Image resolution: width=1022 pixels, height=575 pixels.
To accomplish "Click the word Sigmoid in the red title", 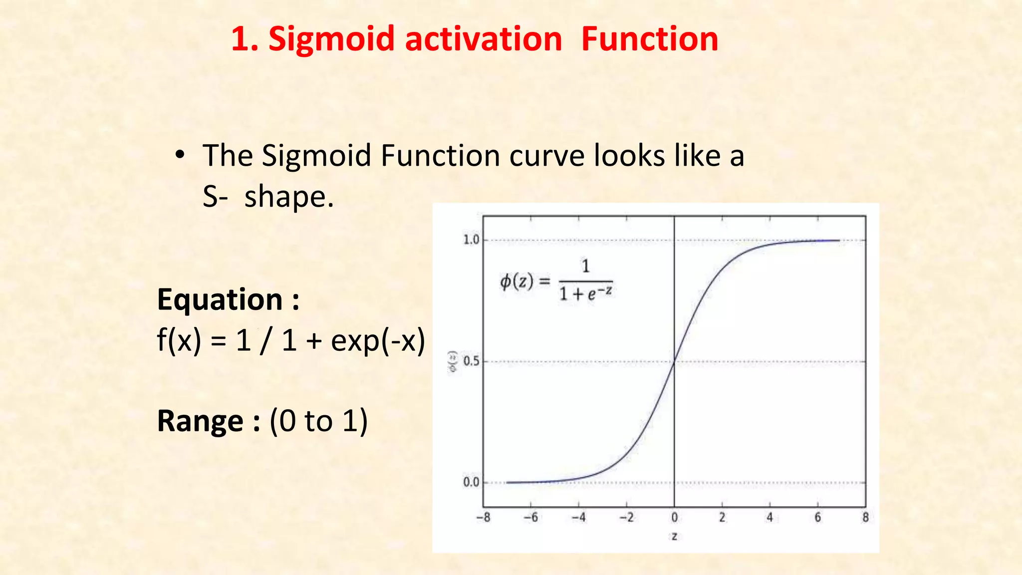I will click(x=331, y=40).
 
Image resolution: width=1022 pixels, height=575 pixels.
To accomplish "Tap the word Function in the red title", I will click(x=650, y=39).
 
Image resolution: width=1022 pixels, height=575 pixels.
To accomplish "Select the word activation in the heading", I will click(x=484, y=39).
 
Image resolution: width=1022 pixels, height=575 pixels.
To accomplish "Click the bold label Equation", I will click(x=220, y=299).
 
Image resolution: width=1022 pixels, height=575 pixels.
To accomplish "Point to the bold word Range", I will click(x=200, y=421).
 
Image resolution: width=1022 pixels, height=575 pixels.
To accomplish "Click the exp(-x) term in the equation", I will click(x=378, y=341).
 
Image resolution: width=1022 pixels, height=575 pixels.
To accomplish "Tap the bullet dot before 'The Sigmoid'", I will click(x=180, y=155).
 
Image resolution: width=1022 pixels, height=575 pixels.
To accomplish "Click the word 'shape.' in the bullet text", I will click(x=289, y=197).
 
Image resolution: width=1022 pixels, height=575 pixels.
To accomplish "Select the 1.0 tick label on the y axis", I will click(x=471, y=240).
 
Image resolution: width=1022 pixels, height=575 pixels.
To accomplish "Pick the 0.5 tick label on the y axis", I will click(x=471, y=361).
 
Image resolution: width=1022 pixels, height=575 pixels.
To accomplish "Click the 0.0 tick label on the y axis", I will click(x=471, y=483).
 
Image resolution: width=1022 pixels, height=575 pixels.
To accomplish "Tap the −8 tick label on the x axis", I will click(x=483, y=518).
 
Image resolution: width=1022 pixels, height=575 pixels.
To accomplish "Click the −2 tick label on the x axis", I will click(x=626, y=518).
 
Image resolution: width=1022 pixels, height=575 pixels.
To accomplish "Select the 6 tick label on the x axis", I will click(x=818, y=518).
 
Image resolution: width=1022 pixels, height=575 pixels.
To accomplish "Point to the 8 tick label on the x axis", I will click(x=866, y=518).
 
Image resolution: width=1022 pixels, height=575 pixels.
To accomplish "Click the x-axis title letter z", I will click(x=674, y=537).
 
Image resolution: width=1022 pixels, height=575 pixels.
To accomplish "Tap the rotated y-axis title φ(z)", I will click(x=453, y=361).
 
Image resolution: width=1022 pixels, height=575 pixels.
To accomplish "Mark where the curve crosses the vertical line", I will click(x=674, y=362).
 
